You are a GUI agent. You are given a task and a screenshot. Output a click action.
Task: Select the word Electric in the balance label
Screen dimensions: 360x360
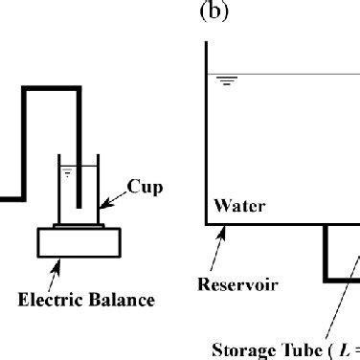55,300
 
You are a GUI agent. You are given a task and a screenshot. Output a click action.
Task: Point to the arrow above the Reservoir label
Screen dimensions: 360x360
214,249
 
